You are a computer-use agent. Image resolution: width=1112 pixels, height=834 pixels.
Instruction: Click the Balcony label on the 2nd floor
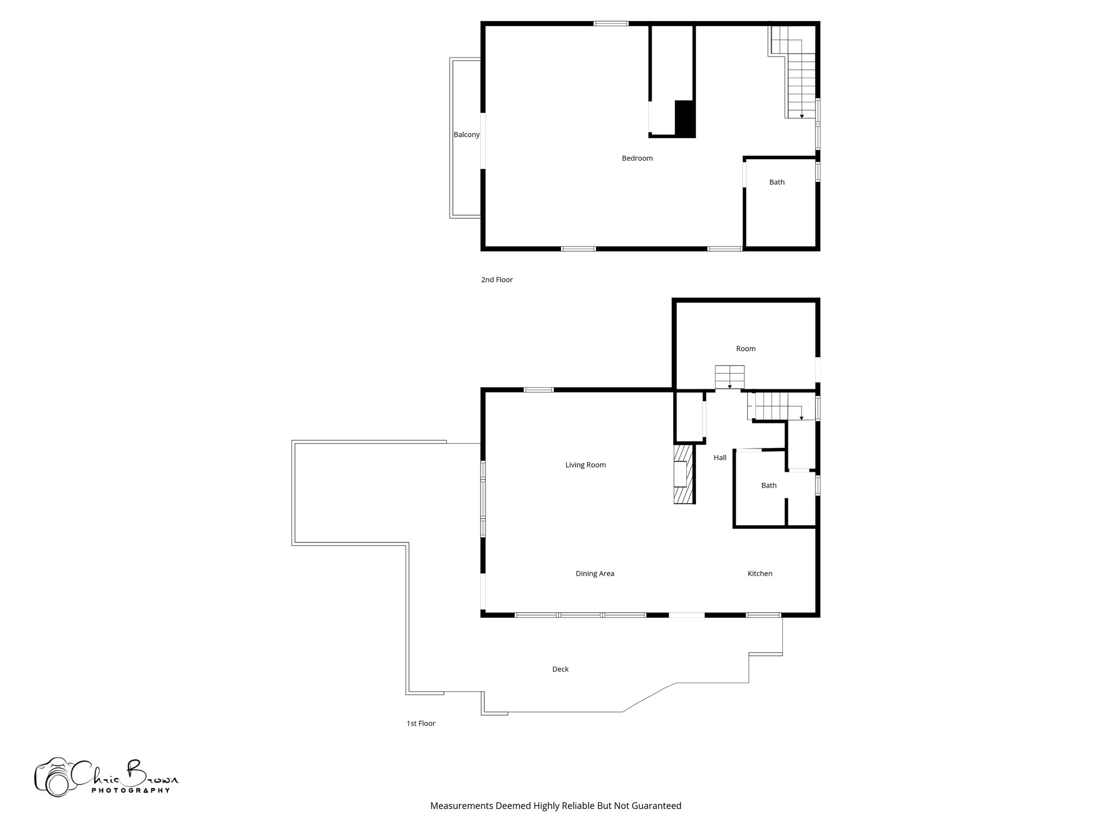[x=466, y=135]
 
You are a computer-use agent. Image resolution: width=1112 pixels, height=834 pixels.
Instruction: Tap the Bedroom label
[x=637, y=159]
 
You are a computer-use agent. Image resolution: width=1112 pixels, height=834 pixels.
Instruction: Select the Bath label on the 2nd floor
[x=776, y=182]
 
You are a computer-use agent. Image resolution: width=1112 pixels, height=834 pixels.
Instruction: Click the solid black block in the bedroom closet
[x=685, y=118]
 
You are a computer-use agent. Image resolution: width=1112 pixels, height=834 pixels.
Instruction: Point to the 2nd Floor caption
[x=496, y=280]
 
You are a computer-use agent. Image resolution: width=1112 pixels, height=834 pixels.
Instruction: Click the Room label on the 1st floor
[x=745, y=349]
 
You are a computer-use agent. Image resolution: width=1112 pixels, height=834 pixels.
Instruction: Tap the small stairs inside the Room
[x=729, y=377]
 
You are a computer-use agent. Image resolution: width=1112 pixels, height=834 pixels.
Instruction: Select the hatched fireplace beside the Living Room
[x=684, y=474]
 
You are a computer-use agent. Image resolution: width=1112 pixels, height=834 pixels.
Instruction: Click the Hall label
[x=719, y=458]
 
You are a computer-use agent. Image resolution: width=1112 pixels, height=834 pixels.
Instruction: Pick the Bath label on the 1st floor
[x=768, y=485]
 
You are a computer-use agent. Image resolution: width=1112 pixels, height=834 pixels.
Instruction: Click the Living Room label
[x=585, y=465]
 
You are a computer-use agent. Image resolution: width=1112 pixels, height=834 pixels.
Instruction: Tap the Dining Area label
[x=595, y=573]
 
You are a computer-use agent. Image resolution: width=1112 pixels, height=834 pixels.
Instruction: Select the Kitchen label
[x=760, y=573]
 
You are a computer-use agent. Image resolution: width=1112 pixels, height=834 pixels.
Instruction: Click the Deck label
[x=560, y=669]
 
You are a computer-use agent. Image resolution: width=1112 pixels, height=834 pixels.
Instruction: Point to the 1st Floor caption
[x=421, y=723]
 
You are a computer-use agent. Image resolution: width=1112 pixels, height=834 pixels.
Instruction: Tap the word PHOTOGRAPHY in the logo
[x=130, y=791]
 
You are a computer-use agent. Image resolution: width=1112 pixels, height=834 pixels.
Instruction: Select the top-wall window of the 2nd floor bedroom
[x=610, y=23]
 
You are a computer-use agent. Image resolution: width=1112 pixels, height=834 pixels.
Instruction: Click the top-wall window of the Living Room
[x=538, y=389]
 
